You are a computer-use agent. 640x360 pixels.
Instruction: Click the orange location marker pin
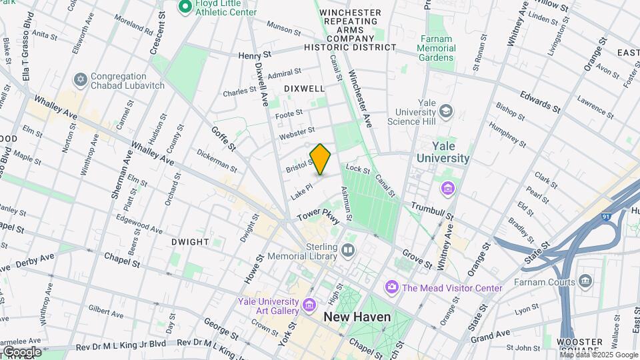[x=320, y=159]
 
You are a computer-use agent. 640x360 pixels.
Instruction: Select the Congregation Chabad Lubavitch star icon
[x=81, y=80]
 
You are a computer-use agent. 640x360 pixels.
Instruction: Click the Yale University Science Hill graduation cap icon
[x=446, y=111]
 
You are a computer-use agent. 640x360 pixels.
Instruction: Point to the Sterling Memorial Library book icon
[x=347, y=251]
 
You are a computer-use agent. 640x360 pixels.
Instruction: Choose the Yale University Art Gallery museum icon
[x=309, y=305]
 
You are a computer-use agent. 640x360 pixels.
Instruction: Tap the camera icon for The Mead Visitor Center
[x=391, y=287]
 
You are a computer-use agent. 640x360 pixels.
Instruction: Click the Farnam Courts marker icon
[x=586, y=281]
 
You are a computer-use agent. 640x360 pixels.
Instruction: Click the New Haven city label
[x=357, y=317]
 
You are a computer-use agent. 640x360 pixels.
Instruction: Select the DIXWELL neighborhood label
[x=304, y=88]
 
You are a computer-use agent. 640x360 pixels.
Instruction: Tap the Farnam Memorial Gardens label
[x=437, y=48]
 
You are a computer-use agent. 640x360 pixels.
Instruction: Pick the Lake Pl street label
[x=301, y=191]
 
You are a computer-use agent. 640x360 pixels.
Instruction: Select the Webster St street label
[x=297, y=133]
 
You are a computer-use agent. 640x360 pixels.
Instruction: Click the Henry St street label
[x=255, y=55]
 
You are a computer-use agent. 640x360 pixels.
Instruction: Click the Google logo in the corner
[x=22, y=351]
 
